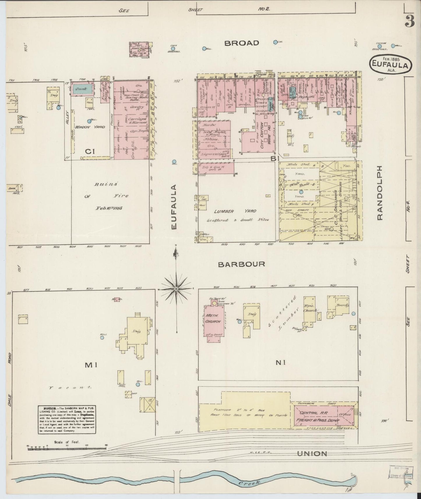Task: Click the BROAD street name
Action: click(242, 43)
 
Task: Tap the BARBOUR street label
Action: click(242, 264)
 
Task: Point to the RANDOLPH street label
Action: click(379, 193)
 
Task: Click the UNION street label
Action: click(312, 453)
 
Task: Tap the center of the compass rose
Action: click(176, 289)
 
